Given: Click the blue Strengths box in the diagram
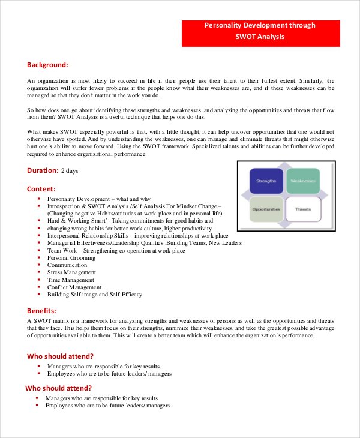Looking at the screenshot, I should pos(266,181).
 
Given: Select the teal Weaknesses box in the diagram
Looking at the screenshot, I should pos(303,181).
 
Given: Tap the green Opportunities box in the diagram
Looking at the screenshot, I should pos(266,209).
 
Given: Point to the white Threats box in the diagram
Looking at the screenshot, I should pos(303,209).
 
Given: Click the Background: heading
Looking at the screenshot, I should pos(47,64).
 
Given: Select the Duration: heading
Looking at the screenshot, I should pos(43,170).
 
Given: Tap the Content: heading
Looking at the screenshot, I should pos(41,188).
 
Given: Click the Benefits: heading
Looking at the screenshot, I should pos(42,310).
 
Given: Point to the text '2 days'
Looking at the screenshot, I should pos(70,171).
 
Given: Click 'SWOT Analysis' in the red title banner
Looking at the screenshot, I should pos(260,37).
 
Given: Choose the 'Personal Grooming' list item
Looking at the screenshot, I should pos(71,257).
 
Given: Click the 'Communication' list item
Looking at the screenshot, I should pos(67,265).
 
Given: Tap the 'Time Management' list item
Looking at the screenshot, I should pos(71,280).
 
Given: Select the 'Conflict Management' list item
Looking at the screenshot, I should pos(74,287).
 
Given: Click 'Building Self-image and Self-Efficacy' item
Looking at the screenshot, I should pos(95,295).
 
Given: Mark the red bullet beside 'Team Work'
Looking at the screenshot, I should pos(38,250).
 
